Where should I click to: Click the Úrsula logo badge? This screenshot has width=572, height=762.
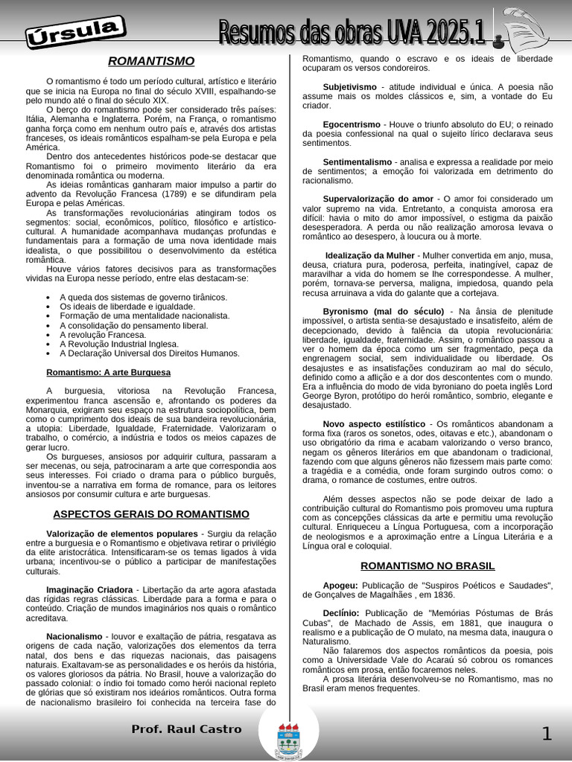tap(75, 33)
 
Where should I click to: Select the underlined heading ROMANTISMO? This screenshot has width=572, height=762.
tap(151, 61)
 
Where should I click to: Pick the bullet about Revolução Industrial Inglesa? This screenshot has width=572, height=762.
tap(119, 345)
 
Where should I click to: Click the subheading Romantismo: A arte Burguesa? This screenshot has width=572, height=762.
tap(108, 372)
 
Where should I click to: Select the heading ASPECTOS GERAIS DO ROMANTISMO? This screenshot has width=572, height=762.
tap(151, 514)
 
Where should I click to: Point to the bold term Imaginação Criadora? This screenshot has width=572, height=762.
tap(89, 590)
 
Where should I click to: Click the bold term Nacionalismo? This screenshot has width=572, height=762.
tap(74, 637)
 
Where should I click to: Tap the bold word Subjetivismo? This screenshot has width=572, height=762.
tap(349, 87)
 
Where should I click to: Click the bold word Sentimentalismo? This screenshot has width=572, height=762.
tap(357, 161)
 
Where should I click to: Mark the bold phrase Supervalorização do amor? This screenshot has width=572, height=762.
tap(378, 199)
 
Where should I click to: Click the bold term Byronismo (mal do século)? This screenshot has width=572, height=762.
tap(383, 311)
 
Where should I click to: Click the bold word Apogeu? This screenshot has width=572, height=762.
tap(340, 586)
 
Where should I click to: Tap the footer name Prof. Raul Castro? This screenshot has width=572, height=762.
tap(186, 729)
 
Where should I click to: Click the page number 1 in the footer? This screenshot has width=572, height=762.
tap(546, 734)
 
